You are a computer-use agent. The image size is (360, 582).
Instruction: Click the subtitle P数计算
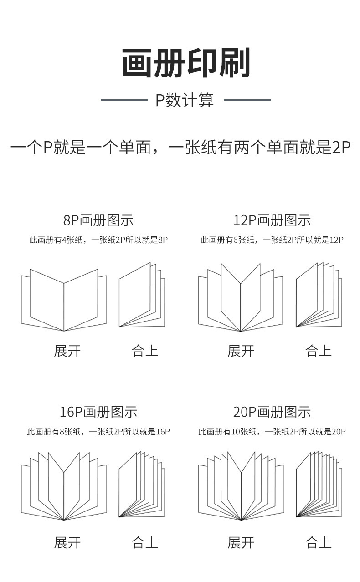point(185,100)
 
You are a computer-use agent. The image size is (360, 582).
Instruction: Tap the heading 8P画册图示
point(98,220)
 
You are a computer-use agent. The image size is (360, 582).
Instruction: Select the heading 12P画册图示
point(272,220)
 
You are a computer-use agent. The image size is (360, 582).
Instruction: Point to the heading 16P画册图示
point(98,412)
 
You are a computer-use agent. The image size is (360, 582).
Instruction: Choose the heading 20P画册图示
point(272,412)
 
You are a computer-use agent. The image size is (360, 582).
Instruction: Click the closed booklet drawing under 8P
point(142,296)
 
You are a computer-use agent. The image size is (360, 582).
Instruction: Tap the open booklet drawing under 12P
point(241,298)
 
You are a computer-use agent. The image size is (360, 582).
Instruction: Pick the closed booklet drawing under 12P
point(319,296)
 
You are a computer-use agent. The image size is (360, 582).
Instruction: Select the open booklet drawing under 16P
point(64,487)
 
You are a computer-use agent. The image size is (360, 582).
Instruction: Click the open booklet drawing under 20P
point(241,487)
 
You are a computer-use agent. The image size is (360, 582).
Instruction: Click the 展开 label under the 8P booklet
point(67,351)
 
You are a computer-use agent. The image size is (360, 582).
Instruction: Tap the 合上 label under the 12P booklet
point(318,351)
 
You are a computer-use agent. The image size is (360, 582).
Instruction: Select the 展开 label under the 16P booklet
point(67,543)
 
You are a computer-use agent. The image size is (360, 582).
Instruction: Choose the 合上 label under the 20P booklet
point(318,543)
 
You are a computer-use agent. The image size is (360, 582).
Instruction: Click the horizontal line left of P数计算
point(124,100)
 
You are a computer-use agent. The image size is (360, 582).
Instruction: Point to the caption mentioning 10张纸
point(272,432)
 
